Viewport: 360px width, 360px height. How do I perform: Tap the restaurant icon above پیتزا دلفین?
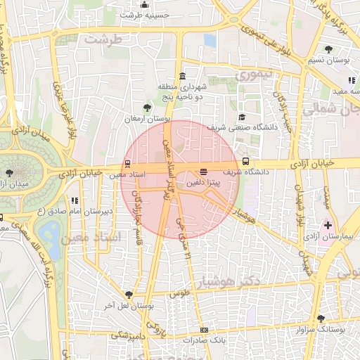(204, 172)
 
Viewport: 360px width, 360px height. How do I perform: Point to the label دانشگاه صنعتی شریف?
(243, 127)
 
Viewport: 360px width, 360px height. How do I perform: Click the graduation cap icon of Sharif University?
(242, 117)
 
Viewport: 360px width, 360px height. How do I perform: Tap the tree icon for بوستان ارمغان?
(147, 108)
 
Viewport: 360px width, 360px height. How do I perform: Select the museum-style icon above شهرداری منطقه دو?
(183, 76)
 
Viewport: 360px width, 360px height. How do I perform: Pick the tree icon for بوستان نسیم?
(330, 49)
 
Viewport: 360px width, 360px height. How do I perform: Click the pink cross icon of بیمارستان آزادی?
(326, 225)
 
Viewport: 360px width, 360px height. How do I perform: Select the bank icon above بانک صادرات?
(204, 330)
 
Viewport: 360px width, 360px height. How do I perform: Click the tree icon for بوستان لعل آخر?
(128, 295)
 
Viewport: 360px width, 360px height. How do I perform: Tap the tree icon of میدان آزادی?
(8, 172)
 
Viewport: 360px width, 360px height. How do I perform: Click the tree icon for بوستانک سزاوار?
(321, 318)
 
